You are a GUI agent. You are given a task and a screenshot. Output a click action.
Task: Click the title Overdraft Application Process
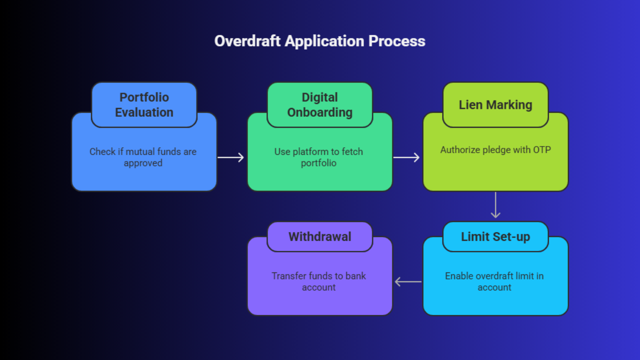(320, 41)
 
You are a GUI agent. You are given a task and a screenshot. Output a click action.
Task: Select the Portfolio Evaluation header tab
(144, 105)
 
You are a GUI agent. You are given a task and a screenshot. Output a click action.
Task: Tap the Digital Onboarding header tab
(320, 105)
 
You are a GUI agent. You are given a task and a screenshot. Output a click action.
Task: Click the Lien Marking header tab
(495, 105)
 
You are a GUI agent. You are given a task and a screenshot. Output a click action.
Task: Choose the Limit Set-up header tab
(495, 237)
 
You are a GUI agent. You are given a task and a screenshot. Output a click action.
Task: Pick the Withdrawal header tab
(320, 237)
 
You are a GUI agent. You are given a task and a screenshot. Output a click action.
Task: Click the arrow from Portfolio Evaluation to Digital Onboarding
(231, 157)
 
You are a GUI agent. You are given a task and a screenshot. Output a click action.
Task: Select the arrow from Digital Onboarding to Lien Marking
(406, 157)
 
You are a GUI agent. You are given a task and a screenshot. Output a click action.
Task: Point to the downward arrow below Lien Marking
(496, 205)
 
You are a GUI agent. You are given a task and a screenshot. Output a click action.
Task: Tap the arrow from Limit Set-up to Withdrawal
(408, 282)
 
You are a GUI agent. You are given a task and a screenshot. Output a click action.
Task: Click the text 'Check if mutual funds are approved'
(143, 157)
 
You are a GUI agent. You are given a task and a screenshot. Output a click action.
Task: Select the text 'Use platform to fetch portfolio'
(318, 157)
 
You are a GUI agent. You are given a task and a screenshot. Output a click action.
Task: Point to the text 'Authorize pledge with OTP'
(495, 150)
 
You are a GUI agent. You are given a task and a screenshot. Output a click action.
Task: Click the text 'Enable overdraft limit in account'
(494, 282)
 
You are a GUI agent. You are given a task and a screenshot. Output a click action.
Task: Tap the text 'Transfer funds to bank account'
(318, 282)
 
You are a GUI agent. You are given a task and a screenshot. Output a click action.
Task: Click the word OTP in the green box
(542, 150)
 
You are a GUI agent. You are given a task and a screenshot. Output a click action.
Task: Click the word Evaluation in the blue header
(144, 112)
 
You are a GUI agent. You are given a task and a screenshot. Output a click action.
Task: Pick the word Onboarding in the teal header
(320, 112)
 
